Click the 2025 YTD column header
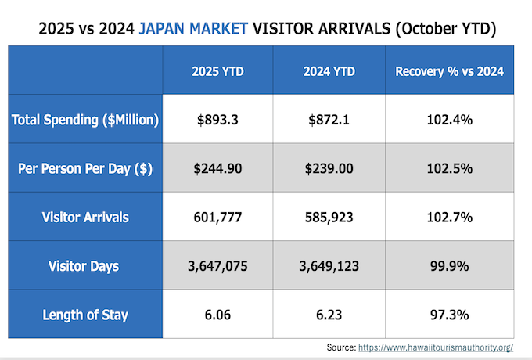tap(218, 71)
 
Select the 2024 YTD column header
tap(329, 71)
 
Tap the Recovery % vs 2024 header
tap(449, 71)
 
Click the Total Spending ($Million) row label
tap(85, 120)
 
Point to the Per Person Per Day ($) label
tap(85, 168)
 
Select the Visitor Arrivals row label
tap(85, 218)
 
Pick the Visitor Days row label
tap(85, 266)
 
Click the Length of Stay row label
tap(85, 315)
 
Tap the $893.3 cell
tap(218, 120)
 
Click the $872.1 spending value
tap(329, 120)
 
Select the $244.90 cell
tap(218, 168)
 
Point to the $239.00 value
tap(329, 168)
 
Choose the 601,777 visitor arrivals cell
tap(218, 218)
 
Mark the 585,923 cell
tap(329, 218)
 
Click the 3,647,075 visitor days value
tap(218, 266)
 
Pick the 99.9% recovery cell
tap(449, 266)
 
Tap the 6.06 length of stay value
tap(218, 315)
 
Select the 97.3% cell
tap(449, 315)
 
